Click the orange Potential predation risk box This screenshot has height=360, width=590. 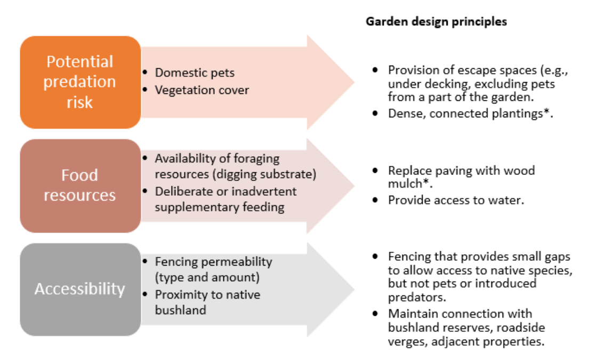pyautogui.click(x=80, y=82)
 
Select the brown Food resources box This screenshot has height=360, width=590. pyautogui.click(x=80, y=186)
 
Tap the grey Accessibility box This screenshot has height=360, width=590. pyautogui.click(x=80, y=289)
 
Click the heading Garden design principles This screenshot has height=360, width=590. pyautogui.click(x=436, y=22)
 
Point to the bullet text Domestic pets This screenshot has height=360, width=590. pyautogui.click(x=195, y=73)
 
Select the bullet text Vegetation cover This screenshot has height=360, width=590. pyautogui.click(x=201, y=90)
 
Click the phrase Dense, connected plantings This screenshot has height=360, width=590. pyautogui.click(x=465, y=114)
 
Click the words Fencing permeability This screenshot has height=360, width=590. pyautogui.click(x=213, y=262)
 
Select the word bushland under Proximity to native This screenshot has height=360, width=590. pyautogui.click(x=180, y=310)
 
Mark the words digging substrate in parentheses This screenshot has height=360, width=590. pyautogui.click(x=277, y=174)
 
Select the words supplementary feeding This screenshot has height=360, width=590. pyautogui.click(x=220, y=207)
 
